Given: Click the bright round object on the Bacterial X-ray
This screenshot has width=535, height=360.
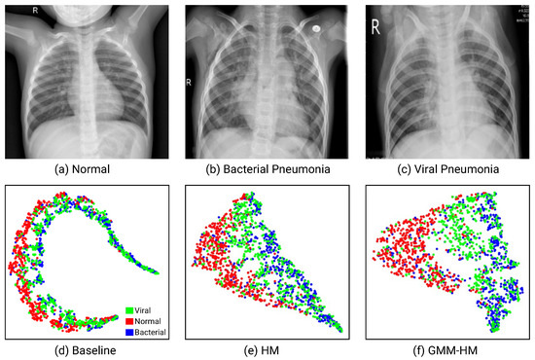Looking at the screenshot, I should click(x=316, y=29).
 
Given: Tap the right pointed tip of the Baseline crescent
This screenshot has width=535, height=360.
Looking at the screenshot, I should click(x=157, y=273).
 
